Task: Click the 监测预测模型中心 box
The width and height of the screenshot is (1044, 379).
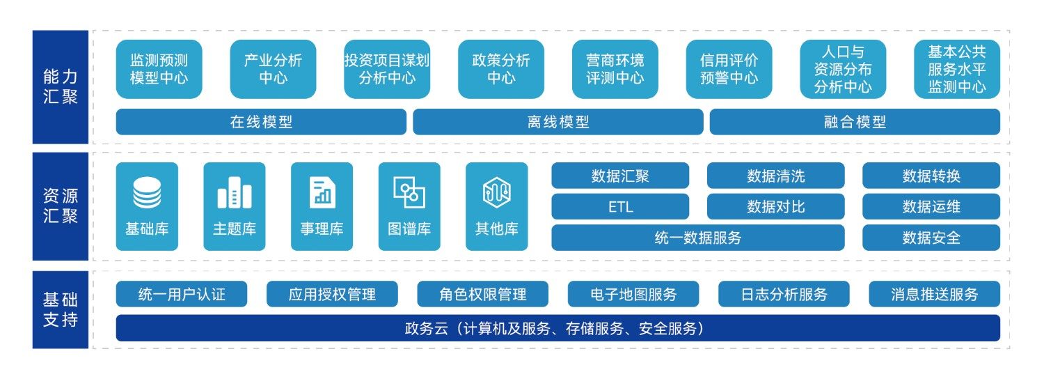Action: click(159, 69)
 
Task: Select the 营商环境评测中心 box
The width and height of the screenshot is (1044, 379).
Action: click(615, 69)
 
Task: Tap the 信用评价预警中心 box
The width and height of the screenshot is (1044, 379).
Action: click(729, 69)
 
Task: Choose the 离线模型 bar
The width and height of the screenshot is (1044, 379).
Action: click(558, 122)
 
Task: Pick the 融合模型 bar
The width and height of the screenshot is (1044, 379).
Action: click(855, 122)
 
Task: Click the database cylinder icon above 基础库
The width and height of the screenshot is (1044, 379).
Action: click(147, 192)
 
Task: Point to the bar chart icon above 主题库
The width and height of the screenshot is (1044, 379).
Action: click(235, 192)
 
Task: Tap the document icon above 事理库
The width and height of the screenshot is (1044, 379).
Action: click(322, 192)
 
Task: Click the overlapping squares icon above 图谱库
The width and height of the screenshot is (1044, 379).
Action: click(409, 192)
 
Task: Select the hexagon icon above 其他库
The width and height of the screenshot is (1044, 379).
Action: click(497, 192)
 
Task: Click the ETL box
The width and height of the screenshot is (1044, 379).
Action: click(620, 207)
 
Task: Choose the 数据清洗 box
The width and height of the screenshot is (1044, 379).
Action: click(775, 176)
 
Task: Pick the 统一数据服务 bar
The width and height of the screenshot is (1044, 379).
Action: click(698, 238)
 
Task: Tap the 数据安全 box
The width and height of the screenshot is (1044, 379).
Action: click(931, 238)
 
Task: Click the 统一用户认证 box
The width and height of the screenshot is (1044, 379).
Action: click(182, 294)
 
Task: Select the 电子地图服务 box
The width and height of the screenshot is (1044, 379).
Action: click(633, 294)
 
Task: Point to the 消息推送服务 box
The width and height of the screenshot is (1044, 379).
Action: click(935, 294)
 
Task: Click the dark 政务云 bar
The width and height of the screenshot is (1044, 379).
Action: click(558, 328)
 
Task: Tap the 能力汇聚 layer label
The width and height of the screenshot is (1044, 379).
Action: click(60, 87)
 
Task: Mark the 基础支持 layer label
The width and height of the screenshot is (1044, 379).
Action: click(60, 309)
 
